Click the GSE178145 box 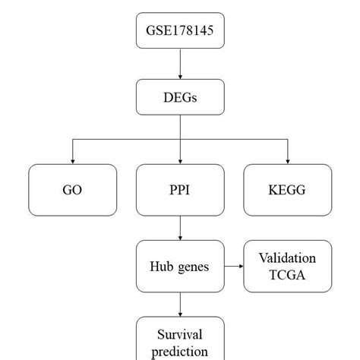(x=180, y=30)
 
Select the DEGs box (x=180, y=97)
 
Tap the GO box (x=73, y=190)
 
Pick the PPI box (x=180, y=190)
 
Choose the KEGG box (x=288, y=190)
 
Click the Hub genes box (x=180, y=266)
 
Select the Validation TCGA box (x=288, y=266)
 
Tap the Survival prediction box (x=180, y=339)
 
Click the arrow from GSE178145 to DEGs (x=180, y=64)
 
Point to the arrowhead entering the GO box (x=73, y=162)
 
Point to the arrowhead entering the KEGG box (x=288, y=162)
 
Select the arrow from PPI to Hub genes (x=180, y=228)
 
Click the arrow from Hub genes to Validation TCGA (x=234, y=266)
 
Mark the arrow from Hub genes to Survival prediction (x=180, y=305)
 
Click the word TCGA (x=287, y=275)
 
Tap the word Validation (x=287, y=258)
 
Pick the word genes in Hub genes (x=194, y=267)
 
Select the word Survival (x=180, y=334)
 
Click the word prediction (x=180, y=352)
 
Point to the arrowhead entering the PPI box (x=180, y=162)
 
